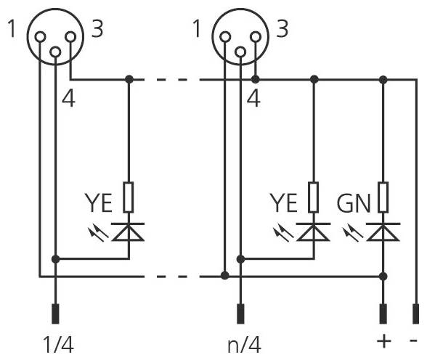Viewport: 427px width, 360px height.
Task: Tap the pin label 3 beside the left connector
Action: point(97,30)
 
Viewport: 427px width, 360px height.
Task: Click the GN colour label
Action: point(354,202)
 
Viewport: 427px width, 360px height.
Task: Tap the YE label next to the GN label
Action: point(284,202)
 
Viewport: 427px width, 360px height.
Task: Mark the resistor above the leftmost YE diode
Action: point(129,196)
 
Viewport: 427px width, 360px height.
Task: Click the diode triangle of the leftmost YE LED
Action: point(129,231)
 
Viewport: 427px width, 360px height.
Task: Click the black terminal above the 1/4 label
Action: point(55,314)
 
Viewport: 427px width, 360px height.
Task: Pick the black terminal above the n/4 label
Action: point(240,314)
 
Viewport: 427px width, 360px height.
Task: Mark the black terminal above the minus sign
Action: point(415,314)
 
